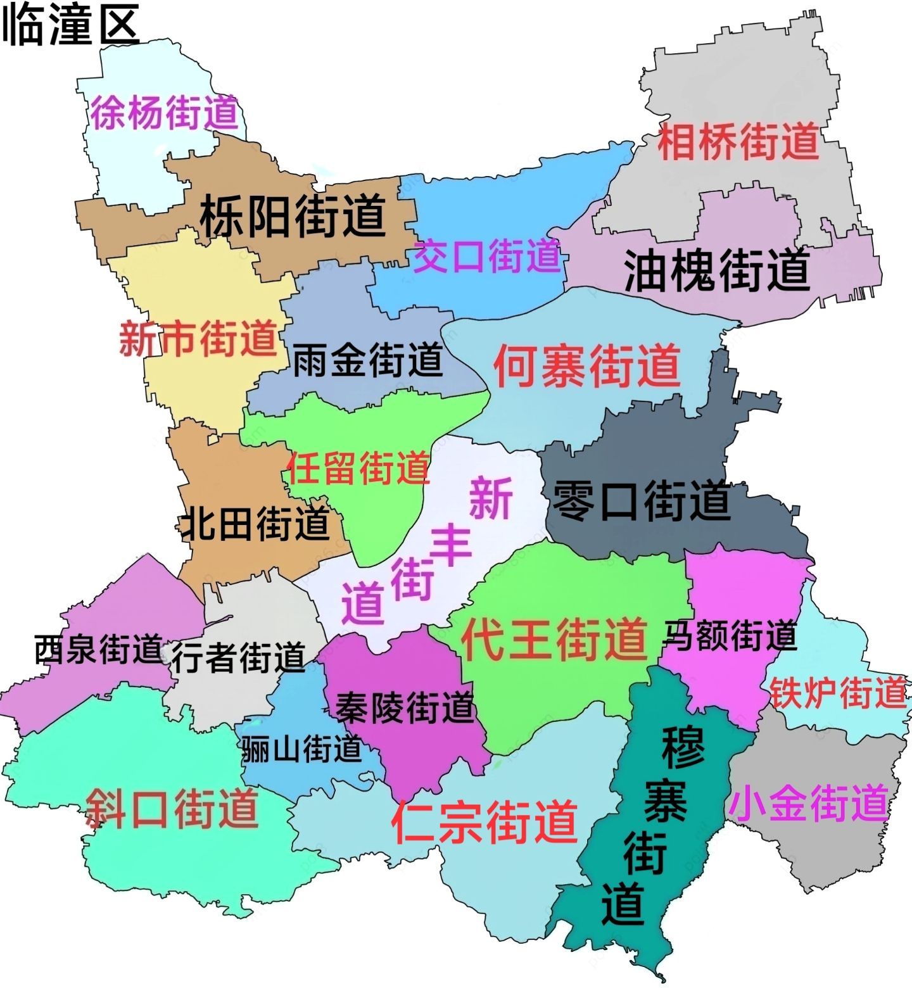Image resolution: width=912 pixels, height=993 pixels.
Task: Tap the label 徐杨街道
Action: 164,113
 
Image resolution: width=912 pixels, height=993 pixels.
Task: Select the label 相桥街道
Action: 738,142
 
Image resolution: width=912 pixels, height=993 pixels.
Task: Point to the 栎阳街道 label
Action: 293,216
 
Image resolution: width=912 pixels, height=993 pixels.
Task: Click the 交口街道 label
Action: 486,256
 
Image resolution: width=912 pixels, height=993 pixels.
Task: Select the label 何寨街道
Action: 586,365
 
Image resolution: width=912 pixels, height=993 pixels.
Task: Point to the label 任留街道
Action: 358,467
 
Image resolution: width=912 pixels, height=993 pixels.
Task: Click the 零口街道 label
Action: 642,500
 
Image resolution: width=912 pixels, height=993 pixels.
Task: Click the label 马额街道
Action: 730,635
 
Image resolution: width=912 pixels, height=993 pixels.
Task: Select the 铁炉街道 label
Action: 838,692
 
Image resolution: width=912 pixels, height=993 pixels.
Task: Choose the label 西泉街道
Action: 99,648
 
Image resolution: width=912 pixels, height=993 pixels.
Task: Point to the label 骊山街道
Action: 301,749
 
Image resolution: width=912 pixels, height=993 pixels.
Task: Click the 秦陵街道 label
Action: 405,707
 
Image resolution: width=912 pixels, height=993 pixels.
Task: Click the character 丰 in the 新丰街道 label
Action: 451,545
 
